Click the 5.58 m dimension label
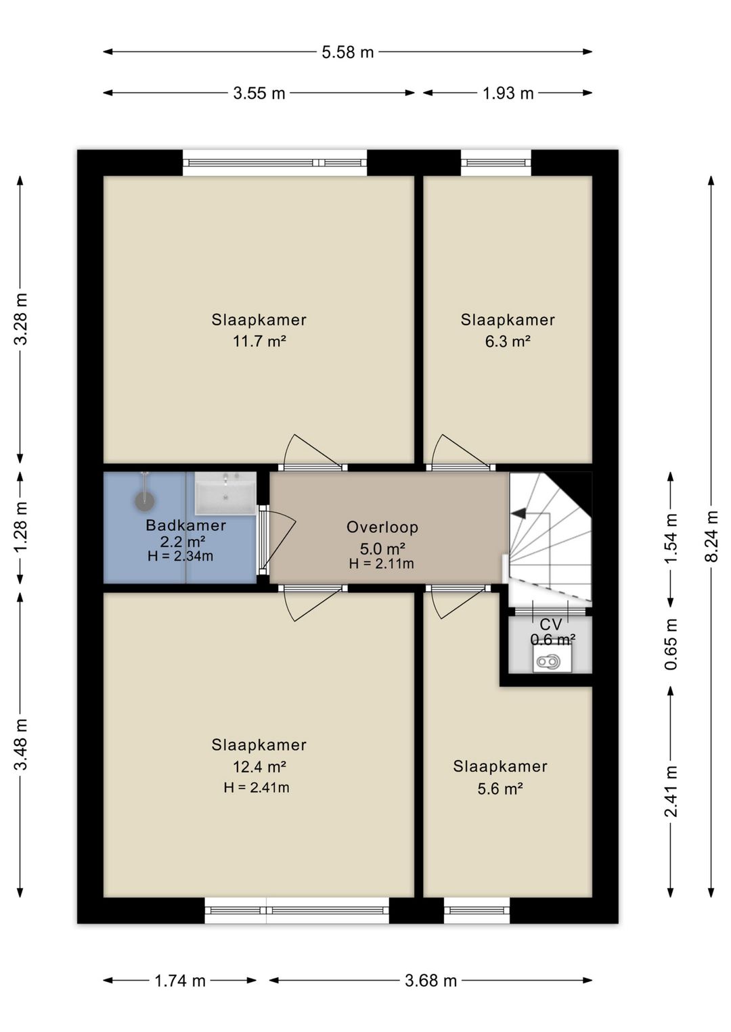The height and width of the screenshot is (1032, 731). point(347,52)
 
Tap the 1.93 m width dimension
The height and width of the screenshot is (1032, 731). point(508,93)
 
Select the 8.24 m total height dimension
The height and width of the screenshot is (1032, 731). point(712,536)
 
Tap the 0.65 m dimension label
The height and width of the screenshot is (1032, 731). point(671,644)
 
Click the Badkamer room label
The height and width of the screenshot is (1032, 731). point(186,525)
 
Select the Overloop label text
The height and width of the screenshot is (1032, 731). point(382,527)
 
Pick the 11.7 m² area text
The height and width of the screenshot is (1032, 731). point(259,342)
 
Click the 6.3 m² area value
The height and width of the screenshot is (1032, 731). point(508,342)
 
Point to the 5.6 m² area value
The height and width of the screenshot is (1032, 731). point(500,789)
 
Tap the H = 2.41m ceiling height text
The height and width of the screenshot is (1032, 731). point(257,787)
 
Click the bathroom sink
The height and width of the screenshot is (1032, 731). point(225,492)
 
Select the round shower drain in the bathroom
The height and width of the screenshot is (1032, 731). point(145,501)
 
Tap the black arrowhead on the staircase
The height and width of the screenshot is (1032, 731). point(519,513)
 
